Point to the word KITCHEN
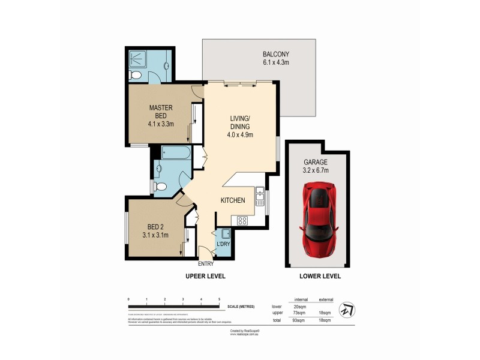coord(233,200)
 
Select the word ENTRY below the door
coord(206,263)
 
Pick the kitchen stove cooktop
coord(242,220)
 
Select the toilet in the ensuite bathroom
coord(136,76)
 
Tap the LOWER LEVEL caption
coord(320,277)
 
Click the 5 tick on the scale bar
coord(219,299)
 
